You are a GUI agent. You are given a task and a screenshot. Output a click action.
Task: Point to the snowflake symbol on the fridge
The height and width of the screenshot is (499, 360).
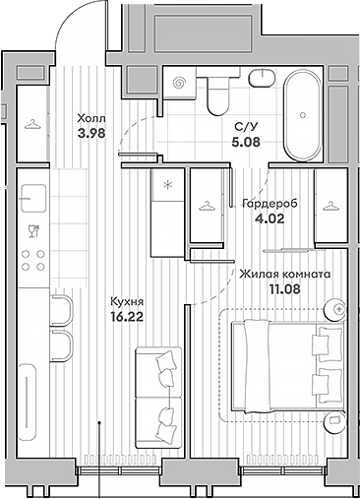coord(167,183)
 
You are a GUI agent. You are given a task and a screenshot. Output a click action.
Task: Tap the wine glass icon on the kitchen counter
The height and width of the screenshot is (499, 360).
coord(33,231)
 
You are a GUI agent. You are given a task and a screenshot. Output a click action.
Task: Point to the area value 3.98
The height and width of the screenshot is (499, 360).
coord(91,136)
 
